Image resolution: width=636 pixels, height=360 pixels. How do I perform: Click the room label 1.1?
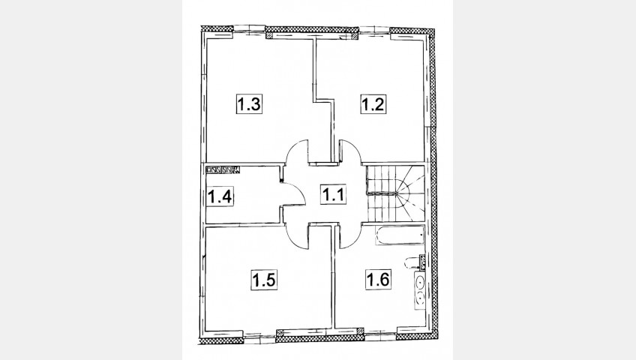pyautogui.click(x=333, y=194)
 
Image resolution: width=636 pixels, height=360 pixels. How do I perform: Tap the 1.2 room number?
pyautogui.click(x=373, y=104)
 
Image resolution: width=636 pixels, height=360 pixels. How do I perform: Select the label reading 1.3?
pyautogui.click(x=249, y=104)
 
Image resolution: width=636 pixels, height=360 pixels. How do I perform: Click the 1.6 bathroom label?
pyautogui.click(x=378, y=279)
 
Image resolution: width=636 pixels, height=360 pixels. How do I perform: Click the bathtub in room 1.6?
pyautogui.click(x=400, y=236)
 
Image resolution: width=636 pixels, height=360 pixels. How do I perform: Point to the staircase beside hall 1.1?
pyautogui.click(x=395, y=193)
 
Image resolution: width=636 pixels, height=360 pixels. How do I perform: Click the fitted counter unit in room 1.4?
pyautogui.click(x=223, y=169)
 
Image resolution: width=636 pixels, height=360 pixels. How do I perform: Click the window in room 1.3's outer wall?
pyautogui.click(x=250, y=29)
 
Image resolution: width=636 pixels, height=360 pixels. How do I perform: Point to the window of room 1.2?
pyautogui.click(x=374, y=30)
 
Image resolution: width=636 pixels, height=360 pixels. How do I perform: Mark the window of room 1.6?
pyautogui.click(x=380, y=335)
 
